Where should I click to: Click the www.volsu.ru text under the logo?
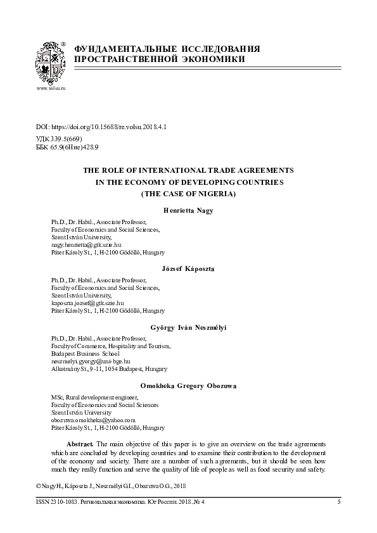[x=51, y=88]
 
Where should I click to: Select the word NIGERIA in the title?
[x=214, y=193]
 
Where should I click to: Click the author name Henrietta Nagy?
[x=189, y=210]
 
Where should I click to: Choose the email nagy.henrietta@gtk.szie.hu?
[x=86, y=243]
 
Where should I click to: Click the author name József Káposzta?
[x=189, y=269]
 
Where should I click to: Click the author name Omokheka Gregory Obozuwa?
[x=189, y=386]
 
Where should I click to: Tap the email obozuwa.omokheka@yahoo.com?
[x=93, y=420]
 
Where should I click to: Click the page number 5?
[x=339, y=501]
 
